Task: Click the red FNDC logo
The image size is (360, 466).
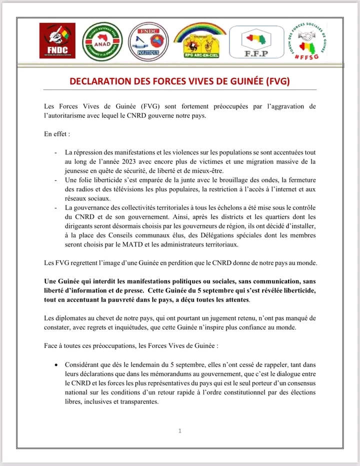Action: pyautogui.click(x=57, y=41)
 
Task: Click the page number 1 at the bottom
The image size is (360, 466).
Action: pyautogui.click(x=180, y=430)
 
